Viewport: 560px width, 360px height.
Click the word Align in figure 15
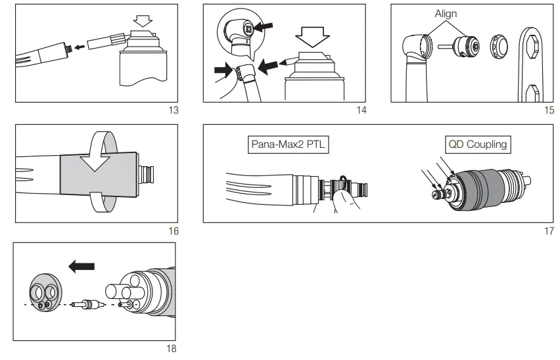coord(445,13)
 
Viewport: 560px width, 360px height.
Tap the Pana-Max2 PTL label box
coord(289,144)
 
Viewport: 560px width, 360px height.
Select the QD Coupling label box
coord(478,144)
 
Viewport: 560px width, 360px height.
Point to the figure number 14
coord(361,110)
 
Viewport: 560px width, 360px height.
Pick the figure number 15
coord(549,110)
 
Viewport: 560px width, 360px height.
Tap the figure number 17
coord(549,231)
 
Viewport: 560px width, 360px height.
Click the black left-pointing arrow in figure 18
coord(82,266)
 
